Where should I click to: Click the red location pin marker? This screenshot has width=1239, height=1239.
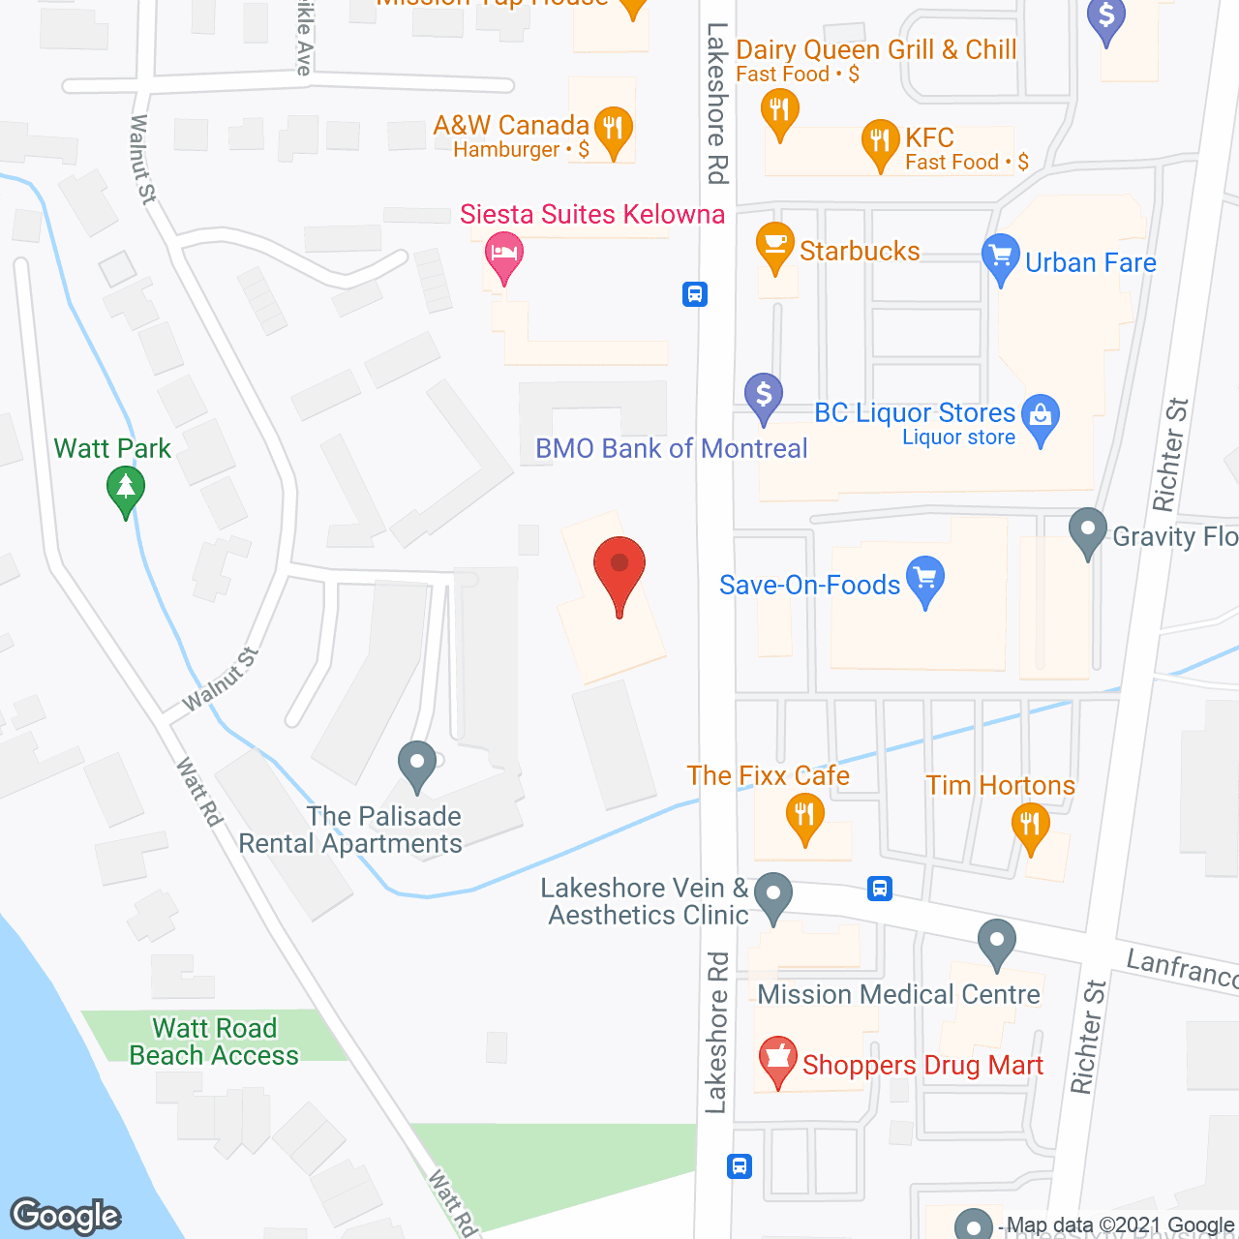coord(619,565)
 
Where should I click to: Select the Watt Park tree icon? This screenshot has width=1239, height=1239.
coord(125,487)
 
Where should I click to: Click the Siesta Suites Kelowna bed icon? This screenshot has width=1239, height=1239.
coord(503,254)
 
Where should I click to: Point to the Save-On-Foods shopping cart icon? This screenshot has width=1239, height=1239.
coord(925,578)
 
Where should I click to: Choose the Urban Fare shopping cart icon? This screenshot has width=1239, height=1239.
coord(1000,257)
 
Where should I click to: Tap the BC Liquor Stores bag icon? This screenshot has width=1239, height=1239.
coord(1041,416)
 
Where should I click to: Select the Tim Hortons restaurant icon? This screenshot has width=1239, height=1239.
coord(1030,826)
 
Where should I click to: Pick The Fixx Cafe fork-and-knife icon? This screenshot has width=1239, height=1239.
coord(804,815)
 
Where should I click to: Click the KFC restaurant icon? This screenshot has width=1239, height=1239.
coord(880,141)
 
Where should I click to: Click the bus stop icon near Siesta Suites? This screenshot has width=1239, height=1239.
coord(695,293)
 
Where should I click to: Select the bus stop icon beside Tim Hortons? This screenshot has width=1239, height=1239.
coord(880,888)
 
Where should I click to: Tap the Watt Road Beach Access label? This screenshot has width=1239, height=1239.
coord(214,1042)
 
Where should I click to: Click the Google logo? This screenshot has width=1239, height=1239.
coord(66,1216)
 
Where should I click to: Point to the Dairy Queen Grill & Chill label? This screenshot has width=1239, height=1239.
coord(876,50)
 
